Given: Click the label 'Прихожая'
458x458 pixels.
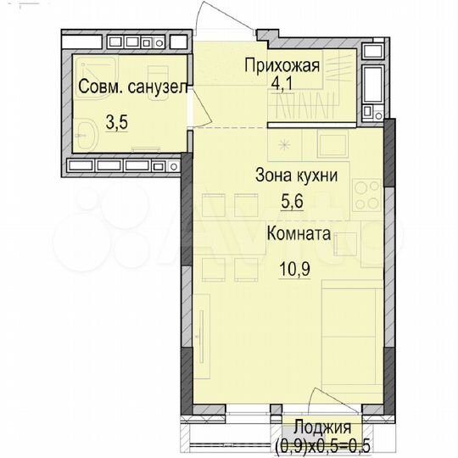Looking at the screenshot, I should (x=282, y=65).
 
